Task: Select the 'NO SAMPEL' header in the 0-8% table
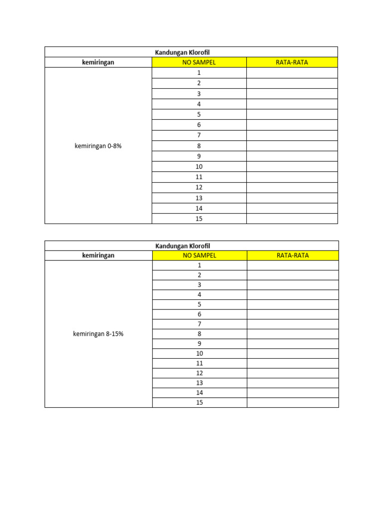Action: (x=199, y=62)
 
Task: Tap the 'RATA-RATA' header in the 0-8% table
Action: (x=292, y=62)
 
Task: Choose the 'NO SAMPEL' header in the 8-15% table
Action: (x=199, y=255)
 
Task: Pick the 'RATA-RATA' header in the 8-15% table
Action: (x=293, y=255)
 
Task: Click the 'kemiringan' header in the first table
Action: (x=98, y=62)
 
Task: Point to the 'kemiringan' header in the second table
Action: (x=98, y=255)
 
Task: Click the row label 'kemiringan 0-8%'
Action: (x=98, y=146)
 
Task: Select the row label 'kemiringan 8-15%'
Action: (x=98, y=334)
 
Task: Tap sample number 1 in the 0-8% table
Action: (x=199, y=73)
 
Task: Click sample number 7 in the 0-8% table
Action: (x=199, y=135)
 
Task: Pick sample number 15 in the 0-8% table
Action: (x=199, y=219)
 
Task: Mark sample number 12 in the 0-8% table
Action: (x=199, y=187)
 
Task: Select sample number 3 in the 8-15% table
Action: (x=199, y=285)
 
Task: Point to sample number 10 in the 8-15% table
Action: (x=199, y=353)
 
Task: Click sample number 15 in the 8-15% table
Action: (x=199, y=403)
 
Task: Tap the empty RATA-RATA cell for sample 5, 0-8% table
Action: (x=292, y=114)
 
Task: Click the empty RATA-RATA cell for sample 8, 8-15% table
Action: (x=293, y=334)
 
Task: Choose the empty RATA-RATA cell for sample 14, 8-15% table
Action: (x=293, y=393)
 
